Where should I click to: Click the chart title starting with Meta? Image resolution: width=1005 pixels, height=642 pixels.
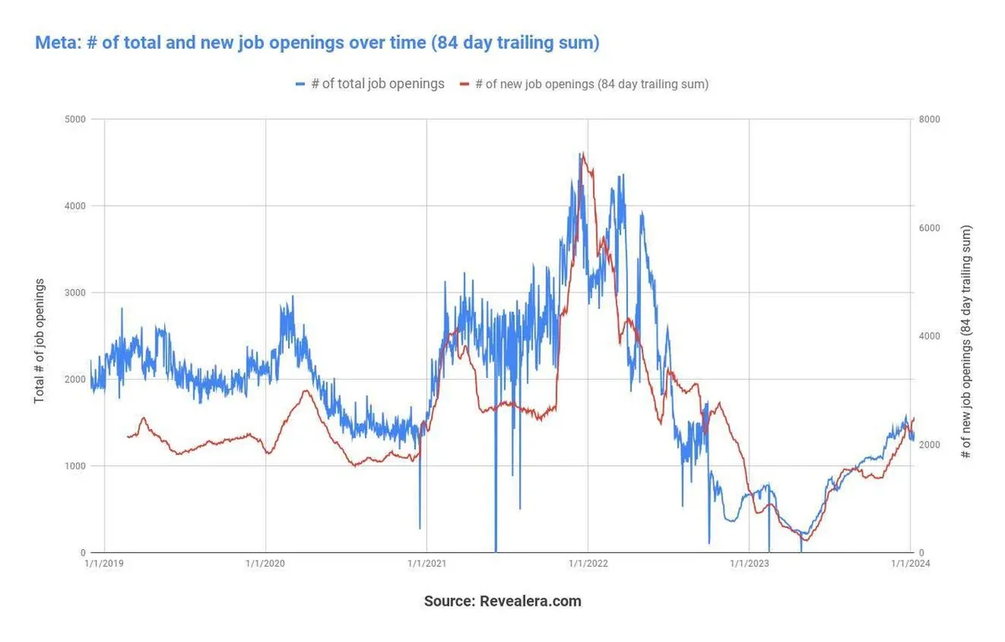[x=317, y=43]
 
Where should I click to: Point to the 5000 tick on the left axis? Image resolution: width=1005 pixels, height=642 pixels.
[x=75, y=119]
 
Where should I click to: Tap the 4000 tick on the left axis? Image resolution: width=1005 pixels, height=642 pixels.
[x=75, y=205]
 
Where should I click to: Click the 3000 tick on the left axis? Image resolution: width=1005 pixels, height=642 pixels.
[x=75, y=293]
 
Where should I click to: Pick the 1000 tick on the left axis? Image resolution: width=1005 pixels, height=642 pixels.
[x=75, y=466]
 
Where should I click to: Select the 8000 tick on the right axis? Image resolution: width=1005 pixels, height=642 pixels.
[x=930, y=119]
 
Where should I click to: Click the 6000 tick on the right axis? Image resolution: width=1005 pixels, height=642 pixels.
[x=930, y=228]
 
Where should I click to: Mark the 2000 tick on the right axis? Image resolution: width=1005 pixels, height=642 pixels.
[x=930, y=444]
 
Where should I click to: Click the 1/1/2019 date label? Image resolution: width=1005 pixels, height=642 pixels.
[x=105, y=564]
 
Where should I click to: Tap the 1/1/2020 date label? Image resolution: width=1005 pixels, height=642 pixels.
[x=265, y=564]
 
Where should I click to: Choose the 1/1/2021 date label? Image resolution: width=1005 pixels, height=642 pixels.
[x=427, y=564]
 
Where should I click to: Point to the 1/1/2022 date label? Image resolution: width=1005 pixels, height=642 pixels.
[x=588, y=564]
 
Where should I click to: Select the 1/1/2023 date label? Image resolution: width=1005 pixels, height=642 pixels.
[x=749, y=564]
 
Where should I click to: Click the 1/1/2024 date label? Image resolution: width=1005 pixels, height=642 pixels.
[x=910, y=564]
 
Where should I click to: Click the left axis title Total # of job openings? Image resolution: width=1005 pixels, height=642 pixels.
[x=39, y=340]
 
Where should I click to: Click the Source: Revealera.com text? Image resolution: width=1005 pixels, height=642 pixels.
[x=502, y=601]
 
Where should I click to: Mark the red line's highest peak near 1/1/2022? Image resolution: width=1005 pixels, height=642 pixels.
[x=583, y=154]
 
